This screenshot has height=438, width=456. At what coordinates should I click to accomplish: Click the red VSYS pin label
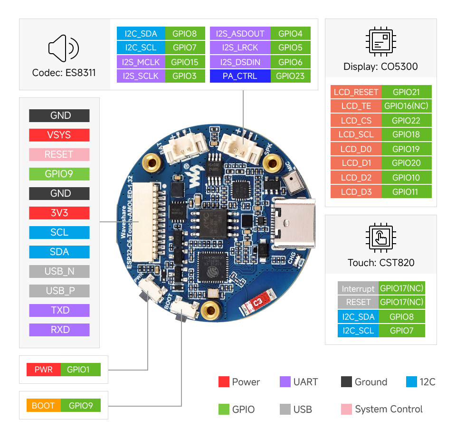(59, 135)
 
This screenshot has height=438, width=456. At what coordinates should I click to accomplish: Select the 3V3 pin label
(59, 213)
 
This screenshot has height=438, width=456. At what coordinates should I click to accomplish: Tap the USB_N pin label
(59, 271)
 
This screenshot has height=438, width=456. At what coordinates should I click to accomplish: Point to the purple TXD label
(59, 310)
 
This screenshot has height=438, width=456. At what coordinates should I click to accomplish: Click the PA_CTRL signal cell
(240, 76)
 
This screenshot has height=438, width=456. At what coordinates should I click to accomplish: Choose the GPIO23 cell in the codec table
(290, 76)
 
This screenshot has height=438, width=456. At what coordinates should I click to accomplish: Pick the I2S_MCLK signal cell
(141, 62)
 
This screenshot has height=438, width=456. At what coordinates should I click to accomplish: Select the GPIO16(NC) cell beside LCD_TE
(406, 106)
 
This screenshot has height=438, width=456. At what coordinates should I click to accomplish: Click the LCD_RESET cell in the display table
(356, 92)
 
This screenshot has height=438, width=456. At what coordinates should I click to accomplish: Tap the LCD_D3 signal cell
(356, 192)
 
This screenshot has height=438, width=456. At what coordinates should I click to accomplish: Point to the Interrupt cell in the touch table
(358, 288)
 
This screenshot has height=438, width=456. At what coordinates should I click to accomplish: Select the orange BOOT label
(43, 405)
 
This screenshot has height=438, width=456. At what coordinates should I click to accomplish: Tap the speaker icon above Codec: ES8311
(63, 48)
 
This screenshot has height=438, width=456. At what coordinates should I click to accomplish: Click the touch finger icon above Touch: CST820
(380, 236)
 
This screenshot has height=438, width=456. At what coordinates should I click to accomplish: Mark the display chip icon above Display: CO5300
(380, 42)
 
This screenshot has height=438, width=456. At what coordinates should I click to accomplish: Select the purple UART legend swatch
(285, 382)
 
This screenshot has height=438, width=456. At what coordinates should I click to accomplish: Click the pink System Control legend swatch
(346, 409)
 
